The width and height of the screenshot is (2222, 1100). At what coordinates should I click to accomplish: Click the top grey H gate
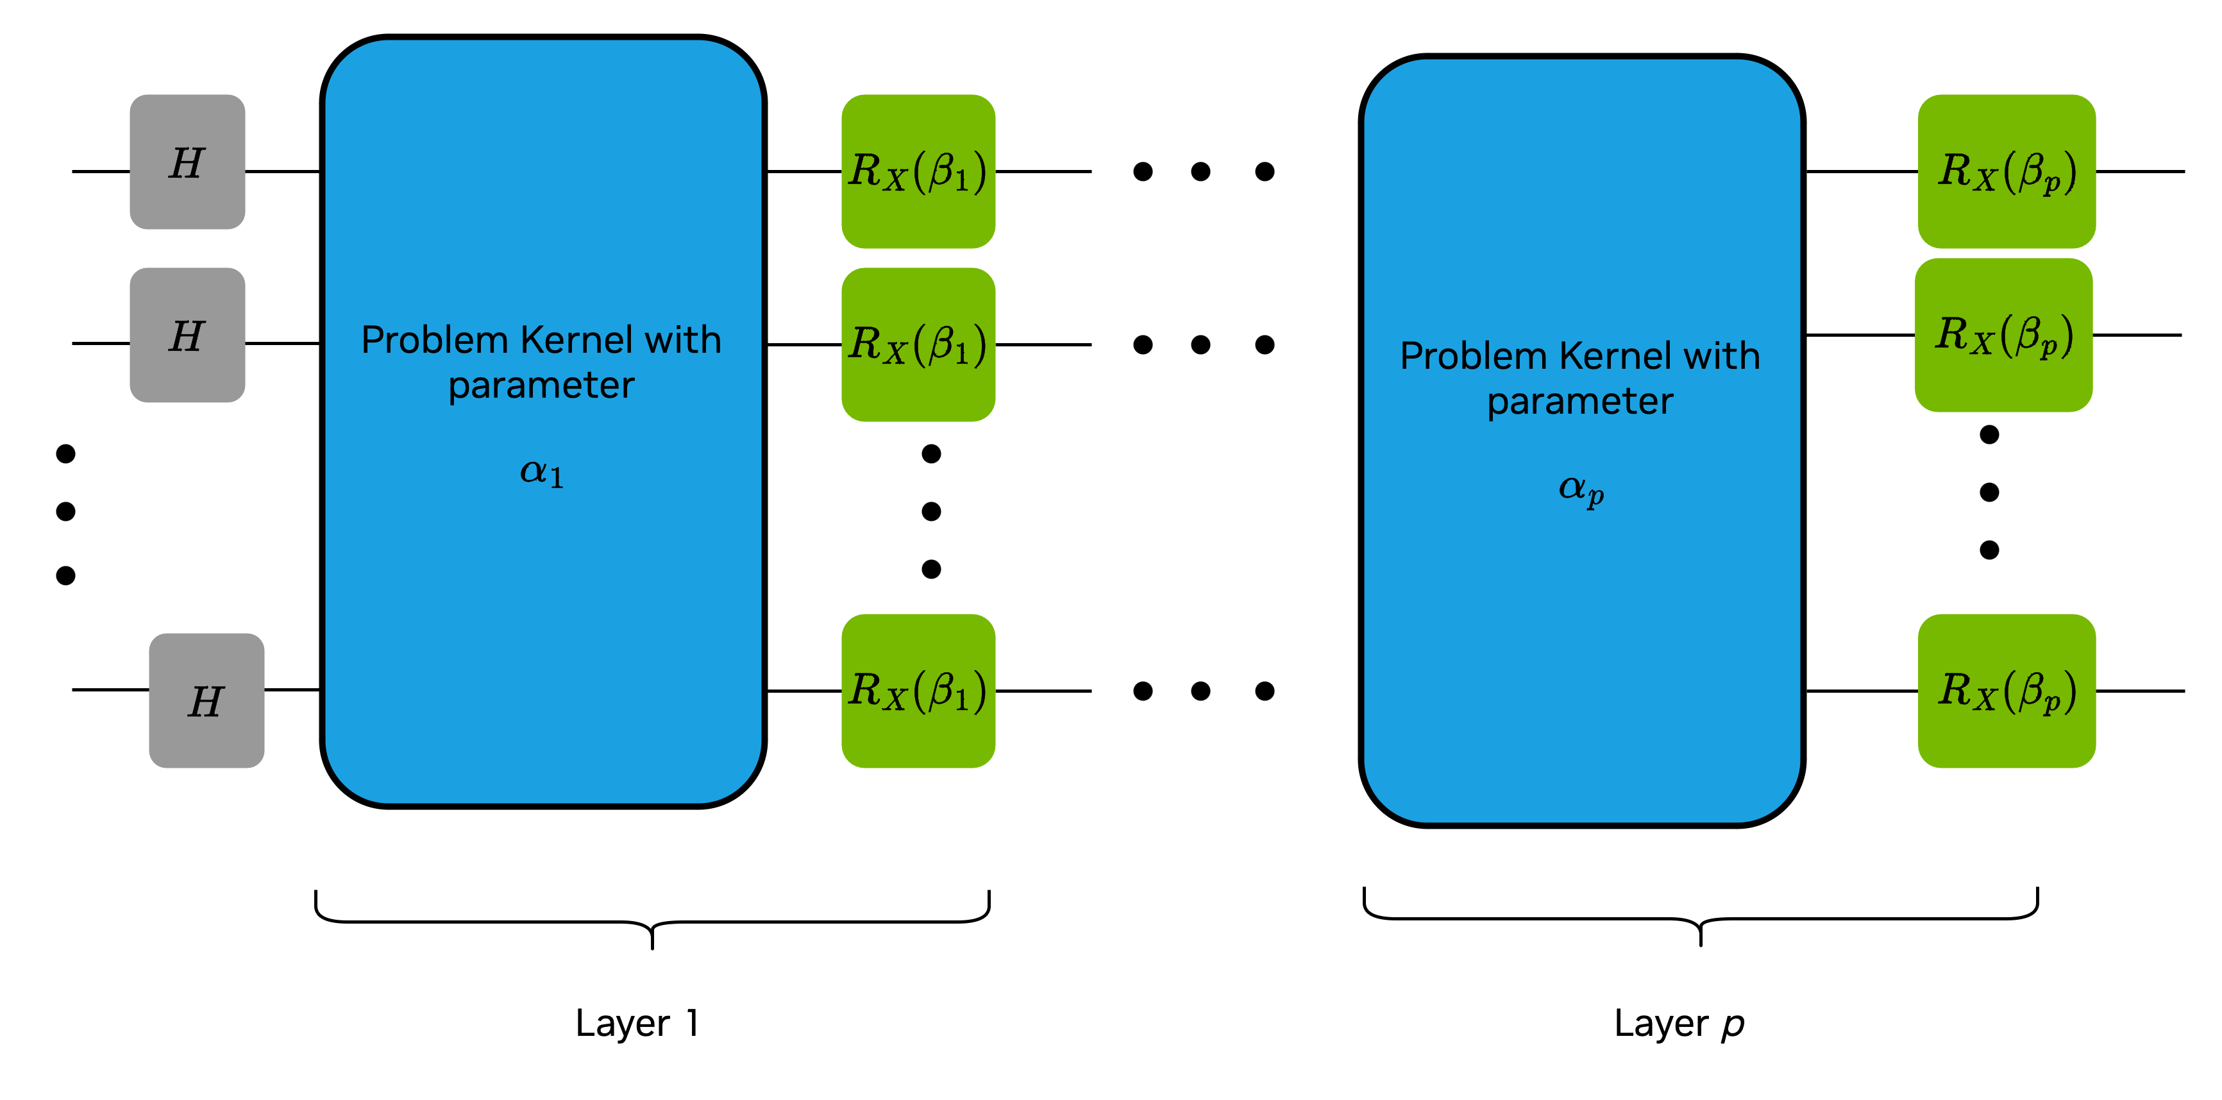(187, 162)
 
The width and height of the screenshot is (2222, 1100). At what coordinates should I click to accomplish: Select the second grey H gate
(187, 335)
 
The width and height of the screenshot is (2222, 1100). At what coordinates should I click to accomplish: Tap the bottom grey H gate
(206, 700)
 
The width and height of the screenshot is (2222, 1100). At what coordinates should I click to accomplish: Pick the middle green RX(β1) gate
(918, 344)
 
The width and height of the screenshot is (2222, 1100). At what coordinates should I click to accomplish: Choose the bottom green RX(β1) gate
(918, 691)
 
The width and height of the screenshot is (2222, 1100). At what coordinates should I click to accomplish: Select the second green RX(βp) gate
(2003, 335)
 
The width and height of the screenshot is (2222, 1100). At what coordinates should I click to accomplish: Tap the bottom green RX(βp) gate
(2007, 691)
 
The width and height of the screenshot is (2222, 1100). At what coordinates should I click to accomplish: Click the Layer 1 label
(637, 1023)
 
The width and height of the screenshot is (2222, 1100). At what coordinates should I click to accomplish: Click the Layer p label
(1679, 1023)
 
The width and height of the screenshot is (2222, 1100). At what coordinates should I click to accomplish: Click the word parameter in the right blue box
(1579, 401)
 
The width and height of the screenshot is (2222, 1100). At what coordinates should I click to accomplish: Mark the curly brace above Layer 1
(652, 922)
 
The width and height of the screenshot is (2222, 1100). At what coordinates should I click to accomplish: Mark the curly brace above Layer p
(1700, 918)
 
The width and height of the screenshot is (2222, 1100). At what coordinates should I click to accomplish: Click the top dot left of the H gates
(65, 453)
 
